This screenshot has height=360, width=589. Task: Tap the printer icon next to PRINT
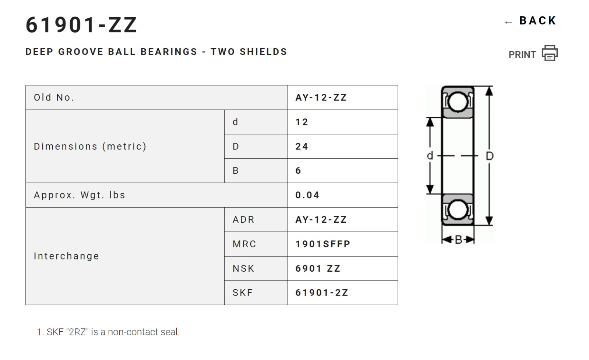pyautogui.click(x=550, y=53)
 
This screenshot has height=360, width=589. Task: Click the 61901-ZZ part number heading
pyautogui.click(x=81, y=25)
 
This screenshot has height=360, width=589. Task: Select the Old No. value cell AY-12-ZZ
pyautogui.click(x=321, y=98)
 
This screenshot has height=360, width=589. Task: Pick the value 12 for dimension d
pyautogui.click(x=302, y=122)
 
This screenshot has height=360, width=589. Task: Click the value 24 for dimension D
pyautogui.click(x=302, y=147)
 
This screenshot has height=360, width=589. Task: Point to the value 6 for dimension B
pyautogui.click(x=298, y=171)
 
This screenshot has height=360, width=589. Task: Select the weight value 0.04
pyautogui.click(x=307, y=195)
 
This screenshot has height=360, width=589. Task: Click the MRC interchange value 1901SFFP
pyautogui.click(x=323, y=244)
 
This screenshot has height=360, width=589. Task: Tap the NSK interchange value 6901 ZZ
pyautogui.click(x=318, y=268)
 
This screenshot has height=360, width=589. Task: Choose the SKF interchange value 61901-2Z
pyautogui.click(x=322, y=293)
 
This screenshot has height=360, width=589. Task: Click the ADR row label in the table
pyautogui.click(x=243, y=220)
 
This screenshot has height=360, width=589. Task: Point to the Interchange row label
pyautogui.click(x=67, y=256)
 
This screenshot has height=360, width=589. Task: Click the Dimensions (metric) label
pyautogui.click(x=90, y=147)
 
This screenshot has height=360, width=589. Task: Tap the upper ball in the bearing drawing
pyautogui.click(x=458, y=102)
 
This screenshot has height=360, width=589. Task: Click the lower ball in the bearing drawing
pyautogui.click(x=458, y=210)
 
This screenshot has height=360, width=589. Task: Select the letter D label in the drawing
pyautogui.click(x=490, y=156)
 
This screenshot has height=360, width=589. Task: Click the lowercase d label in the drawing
pyautogui.click(x=430, y=156)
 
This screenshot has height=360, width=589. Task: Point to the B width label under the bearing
pyautogui.click(x=458, y=240)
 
